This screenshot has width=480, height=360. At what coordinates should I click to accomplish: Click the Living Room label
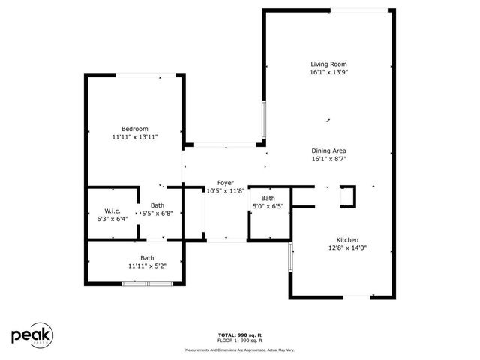pyautogui.click(x=329, y=64)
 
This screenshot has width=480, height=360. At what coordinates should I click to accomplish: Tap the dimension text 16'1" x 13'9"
pyautogui.click(x=329, y=73)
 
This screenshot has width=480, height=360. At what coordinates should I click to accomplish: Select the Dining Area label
pyautogui.click(x=328, y=150)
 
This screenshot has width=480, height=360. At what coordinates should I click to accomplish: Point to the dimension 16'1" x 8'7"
pyautogui.click(x=328, y=158)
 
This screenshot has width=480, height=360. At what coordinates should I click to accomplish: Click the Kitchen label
pyautogui.click(x=347, y=239)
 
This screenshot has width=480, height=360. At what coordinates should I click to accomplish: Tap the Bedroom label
pyautogui.click(x=135, y=129)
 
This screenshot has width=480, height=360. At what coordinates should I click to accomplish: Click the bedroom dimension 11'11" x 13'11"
pyautogui.click(x=135, y=137)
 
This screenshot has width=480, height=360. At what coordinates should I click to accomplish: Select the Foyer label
pyautogui.click(x=225, y=183)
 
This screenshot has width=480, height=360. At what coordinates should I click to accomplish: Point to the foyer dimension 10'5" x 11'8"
pyautogui.click(x=225, y=191)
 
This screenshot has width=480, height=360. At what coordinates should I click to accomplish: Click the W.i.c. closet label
pyautogui.click(x=112, y=211)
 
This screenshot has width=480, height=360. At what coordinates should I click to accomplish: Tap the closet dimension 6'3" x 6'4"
pyautogui.click(x=112, y=220)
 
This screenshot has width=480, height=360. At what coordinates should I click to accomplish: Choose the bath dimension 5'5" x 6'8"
pyautogui.click(x=157, y=214)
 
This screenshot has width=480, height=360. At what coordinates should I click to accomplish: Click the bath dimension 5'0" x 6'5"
pyautogui.click(x=268, y=206)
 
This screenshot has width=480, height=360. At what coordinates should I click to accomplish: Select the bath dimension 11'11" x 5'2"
pyautogui.click(x=136, y=265)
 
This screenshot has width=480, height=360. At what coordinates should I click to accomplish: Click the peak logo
pyautogui.click(x=31, y=336)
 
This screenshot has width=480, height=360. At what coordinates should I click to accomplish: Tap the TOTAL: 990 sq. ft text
pyautogui.click(x=239, y=334)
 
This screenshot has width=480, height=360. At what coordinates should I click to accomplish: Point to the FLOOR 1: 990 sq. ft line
pyautogui.click(x=239, y=340)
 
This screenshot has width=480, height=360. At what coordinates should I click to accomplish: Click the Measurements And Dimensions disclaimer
pyautogui.click(x=239, y=349)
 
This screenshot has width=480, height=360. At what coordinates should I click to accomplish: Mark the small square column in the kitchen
pyautogui.click(x=348, y=197)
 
